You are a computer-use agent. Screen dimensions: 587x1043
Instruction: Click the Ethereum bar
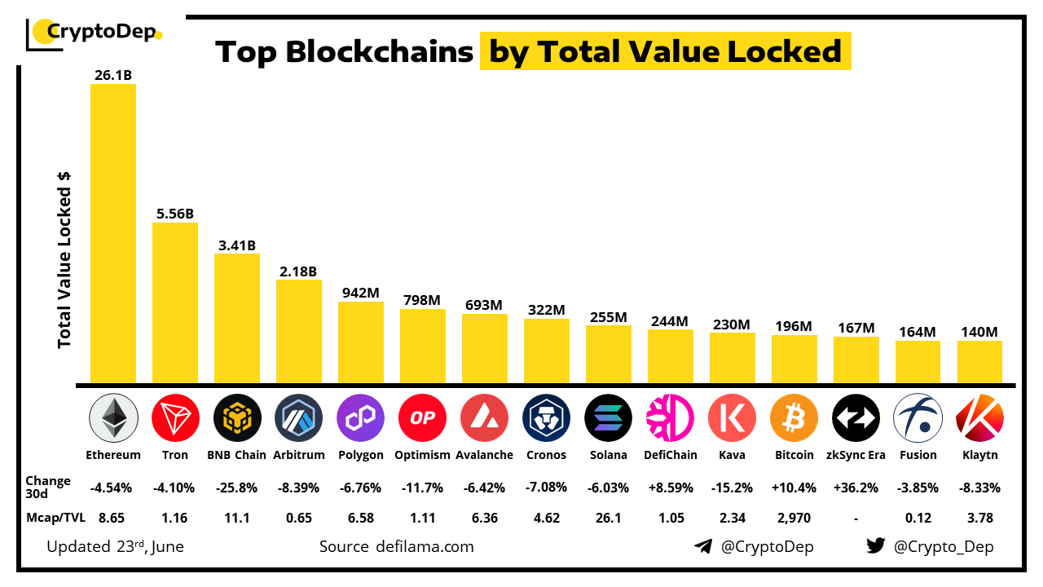pos(113,233)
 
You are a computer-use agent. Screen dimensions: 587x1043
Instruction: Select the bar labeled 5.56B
pos(175,302)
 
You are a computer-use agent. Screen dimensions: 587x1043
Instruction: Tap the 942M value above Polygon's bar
pos(360,293)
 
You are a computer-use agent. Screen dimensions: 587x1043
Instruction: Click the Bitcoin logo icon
pos(794,418)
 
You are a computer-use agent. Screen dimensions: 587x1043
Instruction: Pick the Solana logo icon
pos(608,418)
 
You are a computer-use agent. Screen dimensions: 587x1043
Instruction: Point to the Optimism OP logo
pos(422,418)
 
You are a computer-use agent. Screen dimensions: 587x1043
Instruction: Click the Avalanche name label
pos(484,455)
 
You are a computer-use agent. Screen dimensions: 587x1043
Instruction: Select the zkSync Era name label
pos(856,455)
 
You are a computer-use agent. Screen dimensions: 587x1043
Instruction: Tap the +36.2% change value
pos(856,488)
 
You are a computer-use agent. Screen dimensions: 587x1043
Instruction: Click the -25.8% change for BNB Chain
pos(236,488)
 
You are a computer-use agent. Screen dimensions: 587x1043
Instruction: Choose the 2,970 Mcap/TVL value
pos(794,517)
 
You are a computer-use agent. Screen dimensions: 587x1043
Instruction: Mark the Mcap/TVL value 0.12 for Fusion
pos(918,517)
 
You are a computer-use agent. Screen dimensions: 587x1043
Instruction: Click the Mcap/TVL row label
pos(55,517)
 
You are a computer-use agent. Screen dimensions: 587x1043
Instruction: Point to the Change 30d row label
pos(48,487)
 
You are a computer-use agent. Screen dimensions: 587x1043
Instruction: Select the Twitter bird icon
pos(876,546)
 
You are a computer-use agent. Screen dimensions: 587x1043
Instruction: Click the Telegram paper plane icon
pos(703,546)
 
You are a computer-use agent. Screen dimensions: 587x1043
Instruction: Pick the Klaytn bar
pos(979,362)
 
